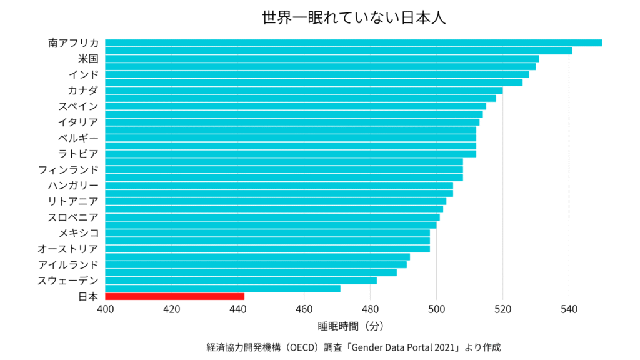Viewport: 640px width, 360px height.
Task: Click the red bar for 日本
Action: [174, 296]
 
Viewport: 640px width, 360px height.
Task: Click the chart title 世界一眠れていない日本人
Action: [354, 17]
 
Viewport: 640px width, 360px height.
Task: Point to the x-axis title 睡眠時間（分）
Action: [350, 326]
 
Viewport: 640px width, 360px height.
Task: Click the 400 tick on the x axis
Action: [105, 309]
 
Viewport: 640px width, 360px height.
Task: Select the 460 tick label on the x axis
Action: [304, 309]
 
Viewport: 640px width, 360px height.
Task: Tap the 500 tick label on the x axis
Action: [436, 309]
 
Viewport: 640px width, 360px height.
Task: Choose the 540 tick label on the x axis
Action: [569, 309]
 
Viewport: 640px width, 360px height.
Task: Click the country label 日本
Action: [88, 296]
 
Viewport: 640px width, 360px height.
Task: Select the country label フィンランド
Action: [68, 169]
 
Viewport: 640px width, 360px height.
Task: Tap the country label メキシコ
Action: [79, 233]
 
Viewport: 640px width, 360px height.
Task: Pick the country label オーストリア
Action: [68, 249]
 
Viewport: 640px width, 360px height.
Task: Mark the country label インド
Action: [84, 74]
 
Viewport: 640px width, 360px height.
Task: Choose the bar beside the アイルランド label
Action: [256, 264]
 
